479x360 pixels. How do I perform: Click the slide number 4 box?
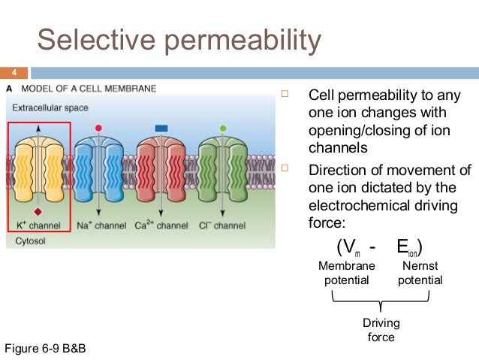pyautogui.click(x=13, y=73)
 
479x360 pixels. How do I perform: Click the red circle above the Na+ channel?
pyautogui.click(x=98, y=129)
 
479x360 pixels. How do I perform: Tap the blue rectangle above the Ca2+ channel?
pyautogui.click(x=161, y=129)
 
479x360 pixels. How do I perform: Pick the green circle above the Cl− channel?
pyautogui.click(x=222, y=129)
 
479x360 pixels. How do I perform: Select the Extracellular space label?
pyautogui.click(x=50, y=107)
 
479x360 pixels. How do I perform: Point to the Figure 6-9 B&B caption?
pyautogui.click(x=51, y=349)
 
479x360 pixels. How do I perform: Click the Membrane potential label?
pyautogui.click(x=346, y=273)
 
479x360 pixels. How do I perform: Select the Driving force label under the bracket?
pyautogui.click(x=381, y=330)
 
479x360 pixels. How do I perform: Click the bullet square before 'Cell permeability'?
pyautogui.click(x=285, y=95)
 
